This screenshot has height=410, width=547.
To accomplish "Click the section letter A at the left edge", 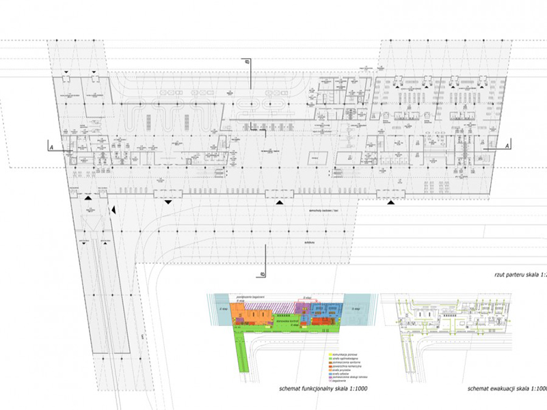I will point(51,146).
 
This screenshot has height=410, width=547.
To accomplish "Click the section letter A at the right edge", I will point(507,146).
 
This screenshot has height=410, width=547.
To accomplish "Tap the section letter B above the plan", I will point(248,63).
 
